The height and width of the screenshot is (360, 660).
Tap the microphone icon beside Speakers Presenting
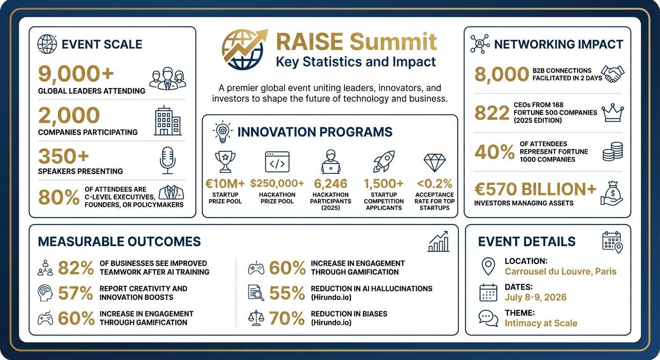[167, 160]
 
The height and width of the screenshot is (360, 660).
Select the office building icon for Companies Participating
[167, 120]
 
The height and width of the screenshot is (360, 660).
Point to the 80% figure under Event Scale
[58, 198]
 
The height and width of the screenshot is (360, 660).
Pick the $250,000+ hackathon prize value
[277, 183]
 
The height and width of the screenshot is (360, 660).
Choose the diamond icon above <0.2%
[434, 162]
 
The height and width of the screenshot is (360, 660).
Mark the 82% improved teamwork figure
[76, 268]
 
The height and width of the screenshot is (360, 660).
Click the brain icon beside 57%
[45, 293]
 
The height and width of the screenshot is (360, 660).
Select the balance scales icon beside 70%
[256, 318]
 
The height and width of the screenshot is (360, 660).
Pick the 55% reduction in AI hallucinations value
[287, 293]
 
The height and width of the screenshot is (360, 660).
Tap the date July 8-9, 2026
[535, 297]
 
